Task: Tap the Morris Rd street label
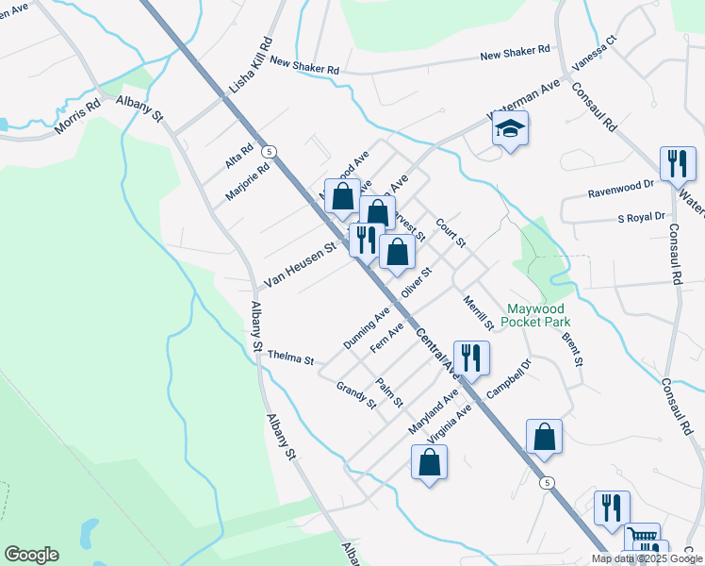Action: [x=77, y=117]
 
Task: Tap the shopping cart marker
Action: [x=643, y=539]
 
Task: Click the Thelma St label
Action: [x=289, y=358]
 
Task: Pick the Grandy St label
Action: [x=356, y=395]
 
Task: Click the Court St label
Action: [x=451, y=234]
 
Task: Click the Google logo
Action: [x=31, y=555]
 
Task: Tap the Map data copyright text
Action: [x=648, y=558]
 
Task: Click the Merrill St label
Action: [x=478, y=312]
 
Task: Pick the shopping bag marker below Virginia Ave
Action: [x=429, y=462]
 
